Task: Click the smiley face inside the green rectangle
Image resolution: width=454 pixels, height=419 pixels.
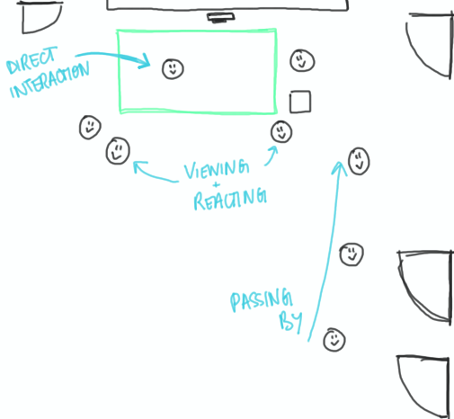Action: pyautogui.click(x=173, y=68)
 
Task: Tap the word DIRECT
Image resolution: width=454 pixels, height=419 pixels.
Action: pyautogui.click(x=31, y=60)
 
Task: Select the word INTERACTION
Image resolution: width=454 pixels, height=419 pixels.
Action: pyautogui.click(x=49, y=79)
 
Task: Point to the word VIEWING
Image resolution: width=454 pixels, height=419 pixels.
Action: pyautogui.click(x=217, y=169)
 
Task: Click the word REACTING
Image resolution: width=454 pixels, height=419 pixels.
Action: pyautogui.click(x=230, y=199)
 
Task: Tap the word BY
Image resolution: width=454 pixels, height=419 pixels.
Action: pyautogui.click(x=290, y=321)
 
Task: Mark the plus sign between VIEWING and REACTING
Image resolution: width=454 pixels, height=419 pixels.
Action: pyautogui.click(x=216, y=184)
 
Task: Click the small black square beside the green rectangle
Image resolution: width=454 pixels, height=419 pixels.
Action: pyautogui.click(x=300, y=102)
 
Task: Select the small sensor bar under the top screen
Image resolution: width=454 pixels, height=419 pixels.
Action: pyautogui.click(x=221, y=17)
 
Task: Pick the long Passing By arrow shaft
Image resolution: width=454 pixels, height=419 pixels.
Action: pyautogui.click(x=326, y=252)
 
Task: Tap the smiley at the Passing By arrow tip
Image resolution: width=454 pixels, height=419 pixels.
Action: pyautogui.click(x=359, y=161)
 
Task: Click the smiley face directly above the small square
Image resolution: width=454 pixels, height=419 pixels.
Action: pyautogui.click(x=302, y=60)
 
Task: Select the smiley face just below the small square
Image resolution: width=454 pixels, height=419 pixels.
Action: pyautogui.click(x=281, y=132)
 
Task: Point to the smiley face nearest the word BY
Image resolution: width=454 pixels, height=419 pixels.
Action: pyautogui.click(x=334, y=340)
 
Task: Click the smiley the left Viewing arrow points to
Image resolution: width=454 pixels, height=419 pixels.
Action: pyautogui.click(x=118, y=151)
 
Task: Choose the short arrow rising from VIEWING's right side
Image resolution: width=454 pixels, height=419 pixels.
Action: pyautogui.click(x=272, y=156)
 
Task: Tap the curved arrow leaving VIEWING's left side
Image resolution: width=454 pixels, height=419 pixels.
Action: pyautogui.click(x=155, y=172)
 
